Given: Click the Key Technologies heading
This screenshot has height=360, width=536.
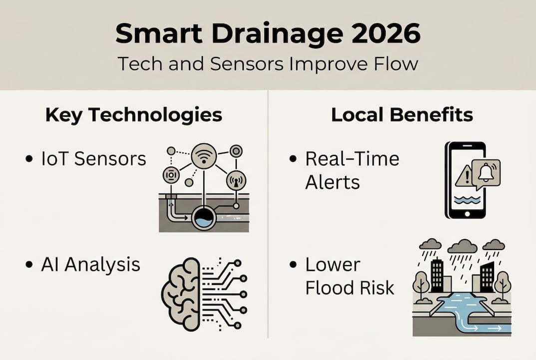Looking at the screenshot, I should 133,115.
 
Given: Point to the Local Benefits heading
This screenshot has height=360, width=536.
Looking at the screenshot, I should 402,115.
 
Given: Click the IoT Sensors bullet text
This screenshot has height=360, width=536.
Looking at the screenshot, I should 93,159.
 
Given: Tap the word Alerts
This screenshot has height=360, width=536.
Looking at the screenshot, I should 332,182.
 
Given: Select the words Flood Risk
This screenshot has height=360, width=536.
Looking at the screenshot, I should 350,287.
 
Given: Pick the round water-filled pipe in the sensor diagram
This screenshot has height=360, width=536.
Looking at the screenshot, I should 204,218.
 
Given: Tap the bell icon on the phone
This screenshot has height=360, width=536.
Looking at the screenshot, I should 485,171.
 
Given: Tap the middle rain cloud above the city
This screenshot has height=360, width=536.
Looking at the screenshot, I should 463,246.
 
